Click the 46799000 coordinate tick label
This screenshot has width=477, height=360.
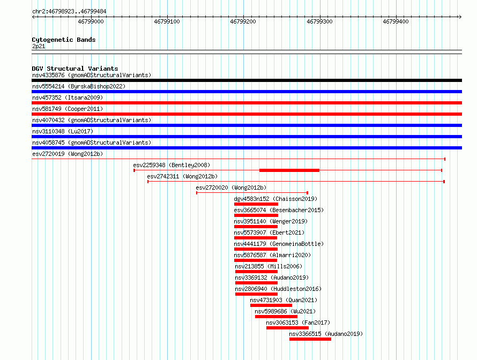pyautogui.click(x=91, y=21)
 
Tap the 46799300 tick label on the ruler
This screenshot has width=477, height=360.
pyautogui.click(x=319, y=21)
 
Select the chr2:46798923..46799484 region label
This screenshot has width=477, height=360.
pyautogui.click(x=69, y=12)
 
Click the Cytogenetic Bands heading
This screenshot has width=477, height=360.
pyautogui.click(x=64, y=40)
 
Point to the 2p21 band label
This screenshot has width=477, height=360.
pyautogui.click(x=39, y=46)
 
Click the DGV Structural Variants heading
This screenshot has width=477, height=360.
pyautogui.click(x=75, y=69)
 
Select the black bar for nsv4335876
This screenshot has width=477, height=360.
pyautogui.click(x=247, y=80)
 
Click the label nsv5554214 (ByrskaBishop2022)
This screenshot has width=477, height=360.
pyautogui.click(x=79, y=86)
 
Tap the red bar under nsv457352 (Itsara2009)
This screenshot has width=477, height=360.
pyautogui.click(x=247, y=103)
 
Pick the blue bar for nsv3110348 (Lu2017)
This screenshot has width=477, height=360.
pyautogui.click(x=247, y=137)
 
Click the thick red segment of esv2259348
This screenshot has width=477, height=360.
pyautogui.click(x=289, y=170)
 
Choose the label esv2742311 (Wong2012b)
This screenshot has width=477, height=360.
pyautogui.click(x=182, y=176)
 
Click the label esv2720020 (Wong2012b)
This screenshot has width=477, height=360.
pyautogui.click(x=231, y=187)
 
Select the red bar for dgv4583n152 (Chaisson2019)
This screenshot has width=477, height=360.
pyautogui.click(x=256, y=204)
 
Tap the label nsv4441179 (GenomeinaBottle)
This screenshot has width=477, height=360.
pyautogui.click(x=279, y=244)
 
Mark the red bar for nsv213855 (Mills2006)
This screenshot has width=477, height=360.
pyautogui.click(x=256, y=272)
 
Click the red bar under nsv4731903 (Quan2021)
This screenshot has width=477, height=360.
pyautogui.click(x=271, y=305)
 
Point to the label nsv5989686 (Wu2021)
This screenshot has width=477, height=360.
pyautogui.click(x=285, y=311)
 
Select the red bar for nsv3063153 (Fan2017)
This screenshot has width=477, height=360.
pyautogui.click(x=287, y=328)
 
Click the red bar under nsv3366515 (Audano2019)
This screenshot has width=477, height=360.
pyautogui.click(x=310, y=339)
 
